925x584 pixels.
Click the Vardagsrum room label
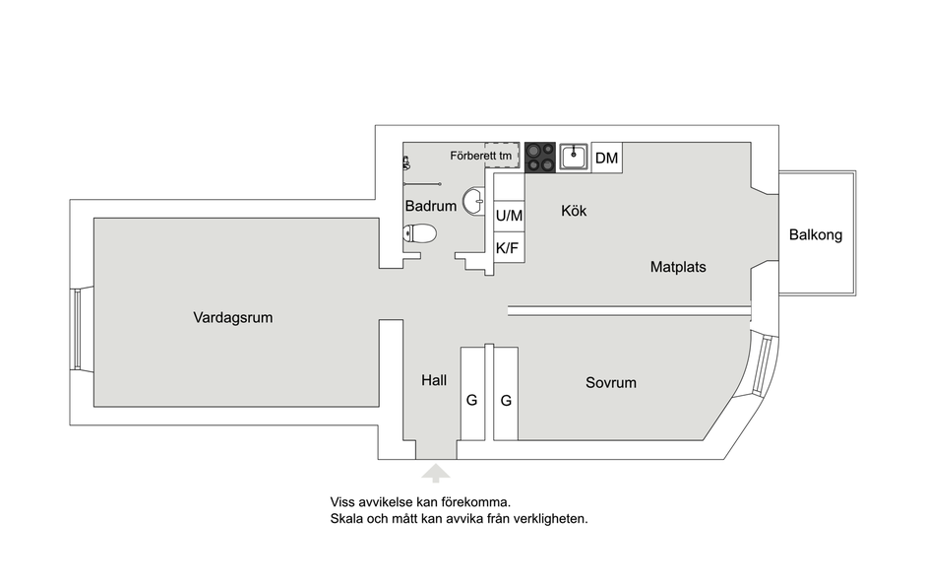point(233,318)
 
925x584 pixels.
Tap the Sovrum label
point(610,383)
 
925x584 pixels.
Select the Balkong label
point(815,235)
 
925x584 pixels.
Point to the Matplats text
point(678,267)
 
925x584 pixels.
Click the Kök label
point(574,211)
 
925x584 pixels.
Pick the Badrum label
point(431,206)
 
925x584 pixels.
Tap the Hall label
point(434,380)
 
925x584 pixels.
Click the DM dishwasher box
point(606,158)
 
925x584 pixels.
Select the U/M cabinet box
point(509,216)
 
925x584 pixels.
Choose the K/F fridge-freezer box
point(509,247)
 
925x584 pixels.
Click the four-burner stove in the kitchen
point(540,158)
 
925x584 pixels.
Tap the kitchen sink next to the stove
point(574,158)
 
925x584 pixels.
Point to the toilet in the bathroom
point(419,233)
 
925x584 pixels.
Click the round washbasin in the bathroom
point(473,201)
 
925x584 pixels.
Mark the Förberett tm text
point(481,156)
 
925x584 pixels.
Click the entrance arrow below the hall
point(436,473)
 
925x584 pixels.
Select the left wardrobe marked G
point(472,394)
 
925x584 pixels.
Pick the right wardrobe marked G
point(506,394)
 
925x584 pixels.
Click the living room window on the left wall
point(76,329)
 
